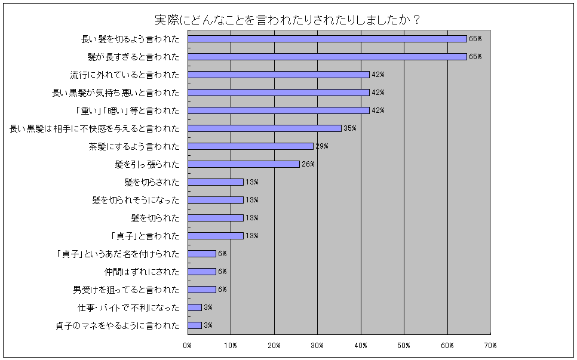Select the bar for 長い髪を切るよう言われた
click(x=327, y=39)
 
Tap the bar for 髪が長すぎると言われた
click(x=327, y=57)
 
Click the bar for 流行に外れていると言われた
click(x=278, y=75)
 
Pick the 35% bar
click(x=264, y=128)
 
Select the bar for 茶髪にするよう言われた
click(x=250, y=146)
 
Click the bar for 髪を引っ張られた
click(x=243, y=164)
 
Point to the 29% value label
click(x=322, y=146)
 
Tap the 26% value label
click(x=308, y=164)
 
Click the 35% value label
click(x=349, y=128)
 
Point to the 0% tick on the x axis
click(x=187, y=346)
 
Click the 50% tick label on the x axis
click(x=404, y=346)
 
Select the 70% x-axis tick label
click(x=490, y=346)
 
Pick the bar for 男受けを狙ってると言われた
click(x=201, y=290)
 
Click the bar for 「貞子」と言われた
click(x=215, y=236)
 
